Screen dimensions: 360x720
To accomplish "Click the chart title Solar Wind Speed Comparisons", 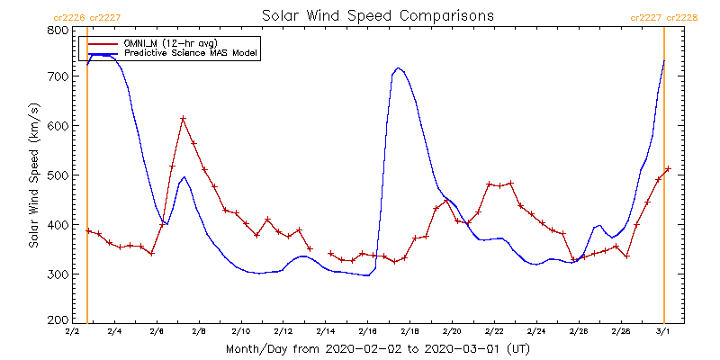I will click(x=377, y=15).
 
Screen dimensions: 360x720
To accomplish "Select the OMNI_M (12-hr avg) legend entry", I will click(x=181, y=42).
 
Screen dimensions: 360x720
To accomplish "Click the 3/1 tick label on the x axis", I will click(x=662, y=332).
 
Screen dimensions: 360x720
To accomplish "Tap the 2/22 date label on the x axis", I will click(x=493, y=332).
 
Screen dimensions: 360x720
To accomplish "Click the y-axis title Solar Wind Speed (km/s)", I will click(x=33, y=175).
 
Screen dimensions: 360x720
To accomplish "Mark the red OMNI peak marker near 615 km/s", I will click(x=183, y=119).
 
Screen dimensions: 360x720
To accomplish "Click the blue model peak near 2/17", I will click(x=398, y=67).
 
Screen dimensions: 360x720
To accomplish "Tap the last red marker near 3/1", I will click(x=668, y=168).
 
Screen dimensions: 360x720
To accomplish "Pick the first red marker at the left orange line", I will click(x=88, y=231).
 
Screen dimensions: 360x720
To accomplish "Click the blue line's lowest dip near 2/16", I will click(x=366, y=275).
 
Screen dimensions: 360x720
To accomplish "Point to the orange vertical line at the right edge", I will click(x=664, y=180).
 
